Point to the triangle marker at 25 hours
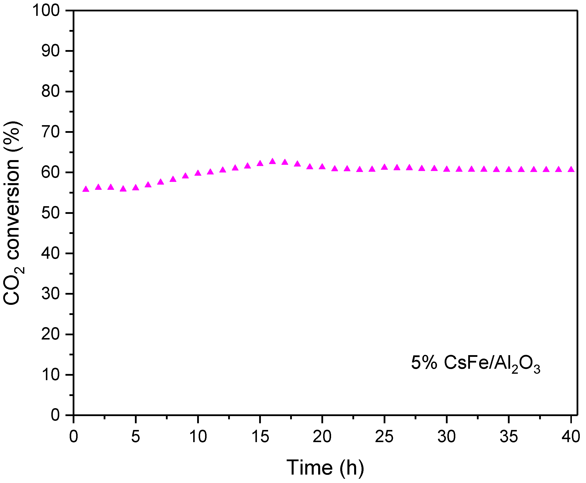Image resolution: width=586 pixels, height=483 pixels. pos(384,167)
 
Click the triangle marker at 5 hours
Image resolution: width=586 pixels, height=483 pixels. pos(136,188)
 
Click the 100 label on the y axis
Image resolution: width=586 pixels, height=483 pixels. pos(46,11)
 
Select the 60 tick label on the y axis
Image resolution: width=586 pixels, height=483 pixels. pos(50,172)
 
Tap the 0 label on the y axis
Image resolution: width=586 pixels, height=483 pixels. pos(55,415)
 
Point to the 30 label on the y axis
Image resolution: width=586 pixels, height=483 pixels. pos(50,294)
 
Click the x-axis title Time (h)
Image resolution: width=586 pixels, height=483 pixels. pos(325,468)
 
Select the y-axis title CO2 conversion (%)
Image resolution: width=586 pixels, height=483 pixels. pos(13,213)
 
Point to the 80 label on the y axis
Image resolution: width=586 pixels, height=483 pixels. pos(50,91)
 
